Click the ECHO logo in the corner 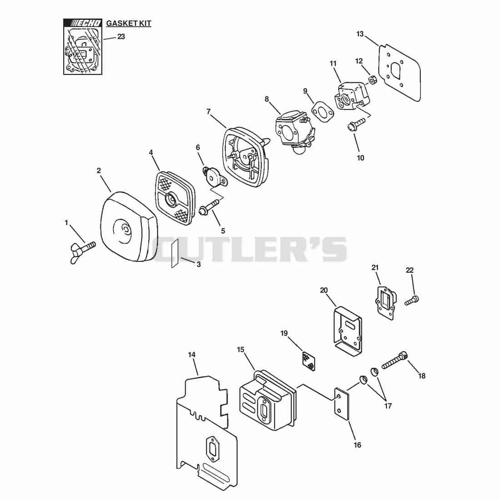pos(83,23)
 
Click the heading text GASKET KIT pos(129,23)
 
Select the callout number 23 pos(121,37)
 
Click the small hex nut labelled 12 pos(371,79)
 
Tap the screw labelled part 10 pos(356,124)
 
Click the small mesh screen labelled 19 pos(309,361)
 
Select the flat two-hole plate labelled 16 pos(342,405)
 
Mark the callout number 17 pos(388,406)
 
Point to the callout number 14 pos(192,355)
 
